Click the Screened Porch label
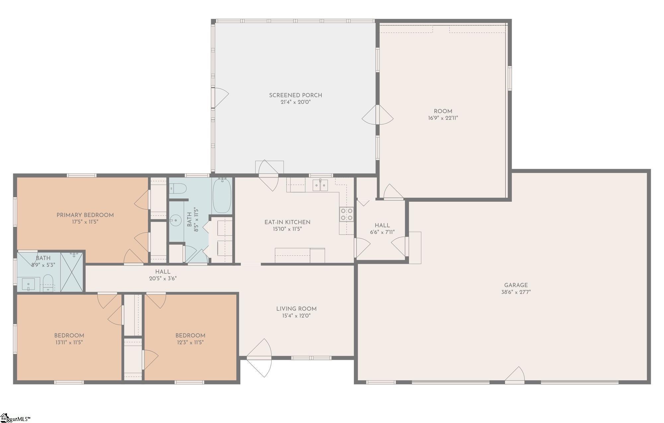(x=295, y=95)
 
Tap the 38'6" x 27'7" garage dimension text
(x=516, y=292)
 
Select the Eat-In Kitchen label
(x=288, y=222)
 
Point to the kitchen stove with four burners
(x=346, y=214)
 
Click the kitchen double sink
(x=320, y=185)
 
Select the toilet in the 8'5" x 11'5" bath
(x=178, y=189)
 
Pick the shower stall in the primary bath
(x=72, y=272)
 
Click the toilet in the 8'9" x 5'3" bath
(x=48, y=282)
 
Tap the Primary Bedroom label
(x=85, y=215)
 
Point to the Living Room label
(x=296, y=309)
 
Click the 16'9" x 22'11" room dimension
(x=443, y=118)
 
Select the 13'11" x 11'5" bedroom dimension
(x=69, y=343)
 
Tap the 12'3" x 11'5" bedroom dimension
(x=190, y=343)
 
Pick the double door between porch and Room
(x=377, y=115)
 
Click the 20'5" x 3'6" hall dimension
(x=163, y=278)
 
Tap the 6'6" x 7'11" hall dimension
(x=382, y=232)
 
